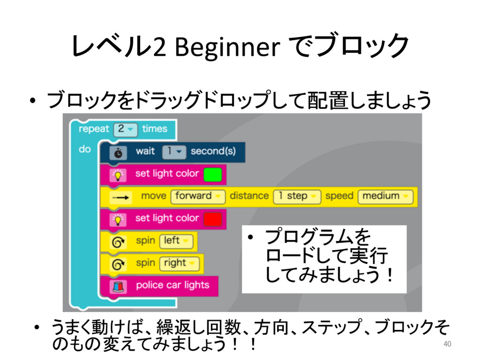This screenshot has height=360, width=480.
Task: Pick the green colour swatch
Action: click(212, 174)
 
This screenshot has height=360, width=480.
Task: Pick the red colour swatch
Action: click(212, 218)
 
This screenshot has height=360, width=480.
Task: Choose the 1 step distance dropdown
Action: click(297, 196)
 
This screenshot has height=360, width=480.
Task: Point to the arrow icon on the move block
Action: click(120, 198)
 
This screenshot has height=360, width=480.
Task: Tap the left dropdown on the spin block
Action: click(176, 241)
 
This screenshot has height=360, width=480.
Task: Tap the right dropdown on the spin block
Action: click(180, 263)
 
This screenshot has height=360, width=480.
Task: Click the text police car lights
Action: click(172, 285)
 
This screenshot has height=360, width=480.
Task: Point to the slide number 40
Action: click(447, 345)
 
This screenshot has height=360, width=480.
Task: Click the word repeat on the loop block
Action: click(94, 128)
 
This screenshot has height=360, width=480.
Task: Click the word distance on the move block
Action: click(249, 196)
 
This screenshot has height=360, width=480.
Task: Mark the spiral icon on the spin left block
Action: click(117, 242)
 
